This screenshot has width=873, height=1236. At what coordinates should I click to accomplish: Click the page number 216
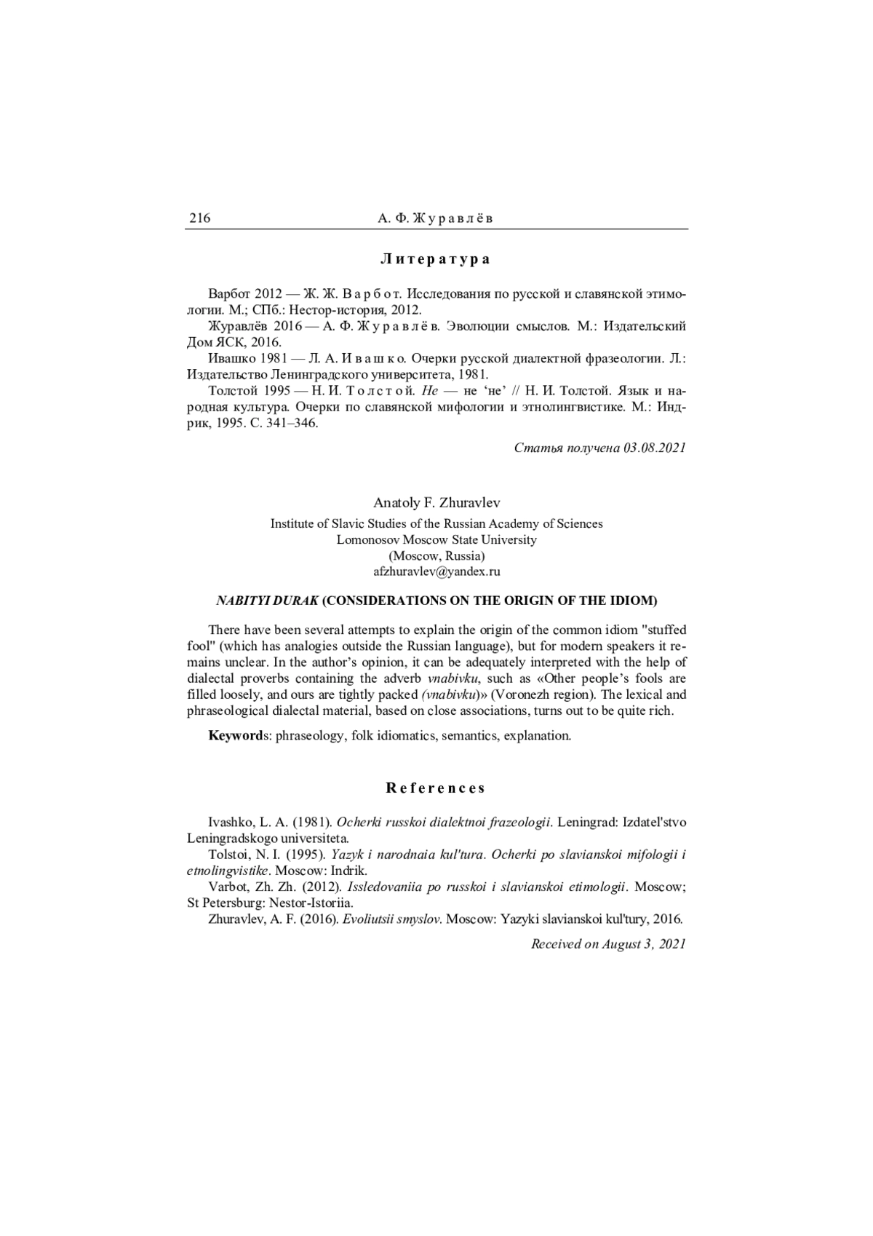[x=200, y=218]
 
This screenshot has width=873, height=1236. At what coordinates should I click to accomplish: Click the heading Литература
[x=436, y=259]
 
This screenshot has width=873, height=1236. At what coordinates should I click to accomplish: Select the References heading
[x=436, y=788]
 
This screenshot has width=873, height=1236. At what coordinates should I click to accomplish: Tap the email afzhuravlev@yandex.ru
[x=436, y=572]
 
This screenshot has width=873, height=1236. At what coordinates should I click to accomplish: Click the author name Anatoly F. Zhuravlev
[x=436, y=503]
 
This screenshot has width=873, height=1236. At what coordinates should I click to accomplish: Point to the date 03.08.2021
[x=654, y=448]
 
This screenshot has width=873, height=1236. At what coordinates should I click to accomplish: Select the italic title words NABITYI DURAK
[x=267, y=601]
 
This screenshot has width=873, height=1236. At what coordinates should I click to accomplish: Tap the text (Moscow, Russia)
[x=436, y=556]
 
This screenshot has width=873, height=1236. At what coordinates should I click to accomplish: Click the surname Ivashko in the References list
[x=228, y=822]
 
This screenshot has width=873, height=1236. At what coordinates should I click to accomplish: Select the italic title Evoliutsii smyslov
[x=392, y=919]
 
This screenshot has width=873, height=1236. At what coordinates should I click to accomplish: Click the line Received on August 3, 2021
[x=608, y=944]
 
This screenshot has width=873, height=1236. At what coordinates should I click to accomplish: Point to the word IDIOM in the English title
[x=635, y=601]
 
